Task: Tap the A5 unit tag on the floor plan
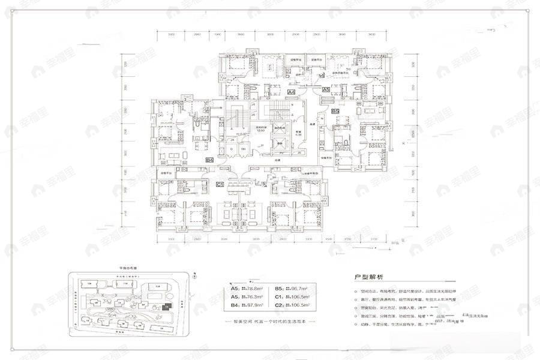[x=325, y=89]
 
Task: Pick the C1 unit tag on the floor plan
[x=220, y=184]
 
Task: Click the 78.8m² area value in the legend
[x=249, y=288]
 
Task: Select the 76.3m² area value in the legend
[x=249, y=296]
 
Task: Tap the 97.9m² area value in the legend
[x=249, y=305]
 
